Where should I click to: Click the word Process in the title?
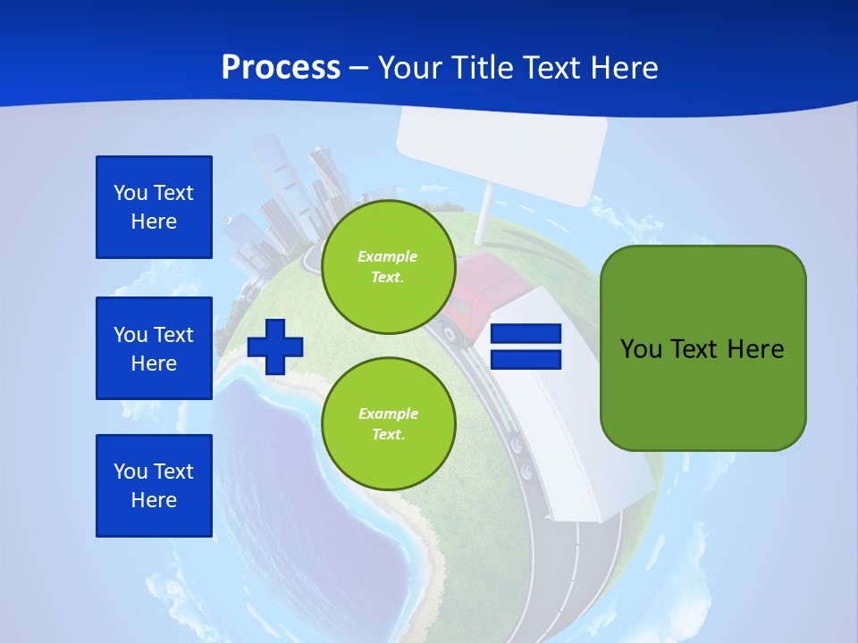[281, 67]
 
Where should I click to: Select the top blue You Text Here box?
[154, 207]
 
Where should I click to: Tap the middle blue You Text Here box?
[154, 348]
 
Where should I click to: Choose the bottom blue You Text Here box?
[154, 485]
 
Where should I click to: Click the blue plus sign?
[275, 347]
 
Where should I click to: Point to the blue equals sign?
[526, 347]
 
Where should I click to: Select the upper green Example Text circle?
[388, 267]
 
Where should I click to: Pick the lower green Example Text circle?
[388, 424]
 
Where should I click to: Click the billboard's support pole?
[483, 214]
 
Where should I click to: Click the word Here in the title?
[623, 67]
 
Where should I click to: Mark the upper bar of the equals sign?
[526, 334]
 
